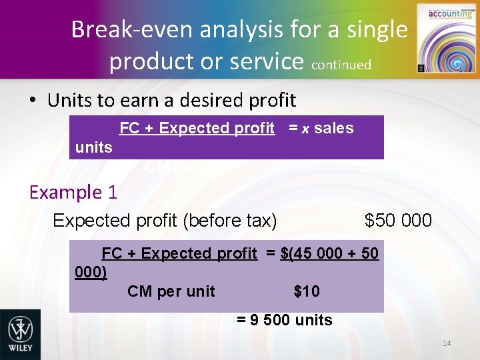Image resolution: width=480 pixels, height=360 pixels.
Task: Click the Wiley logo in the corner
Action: (20, 334)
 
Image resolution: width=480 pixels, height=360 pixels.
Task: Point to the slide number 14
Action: (446, 343)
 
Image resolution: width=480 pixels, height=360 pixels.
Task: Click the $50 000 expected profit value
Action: (398, 220)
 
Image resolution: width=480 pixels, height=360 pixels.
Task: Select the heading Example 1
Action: (73, 193)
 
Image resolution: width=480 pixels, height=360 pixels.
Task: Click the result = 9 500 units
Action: (285, 320)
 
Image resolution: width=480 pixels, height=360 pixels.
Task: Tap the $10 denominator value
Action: (307, 291)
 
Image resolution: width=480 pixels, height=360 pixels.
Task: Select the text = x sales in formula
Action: (321, 128)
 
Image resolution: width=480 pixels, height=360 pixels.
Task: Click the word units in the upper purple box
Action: (94, 147)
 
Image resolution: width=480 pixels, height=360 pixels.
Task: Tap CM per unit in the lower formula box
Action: (171, 291)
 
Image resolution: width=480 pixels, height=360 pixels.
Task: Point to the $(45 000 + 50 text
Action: (329, 253)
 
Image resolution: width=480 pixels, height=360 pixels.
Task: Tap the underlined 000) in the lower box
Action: (91, 272)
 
